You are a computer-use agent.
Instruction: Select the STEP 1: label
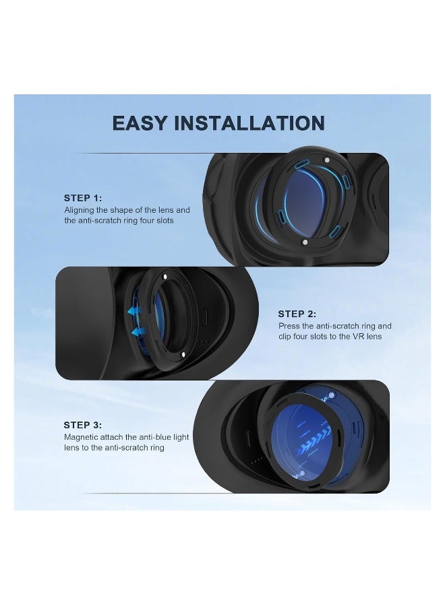pos(83,198)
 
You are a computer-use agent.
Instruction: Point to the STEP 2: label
pos(297,314)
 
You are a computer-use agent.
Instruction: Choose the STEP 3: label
pos(83,425)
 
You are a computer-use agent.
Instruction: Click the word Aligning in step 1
pos(80,210)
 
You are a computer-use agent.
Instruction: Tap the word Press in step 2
pos(289,326)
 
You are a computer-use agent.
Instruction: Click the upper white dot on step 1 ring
pos(326,160)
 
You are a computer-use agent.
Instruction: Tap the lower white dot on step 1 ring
pos(305,242)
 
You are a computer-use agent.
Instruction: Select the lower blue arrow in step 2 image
pos(138,331)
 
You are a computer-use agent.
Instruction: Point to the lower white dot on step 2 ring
pos(184,355)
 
